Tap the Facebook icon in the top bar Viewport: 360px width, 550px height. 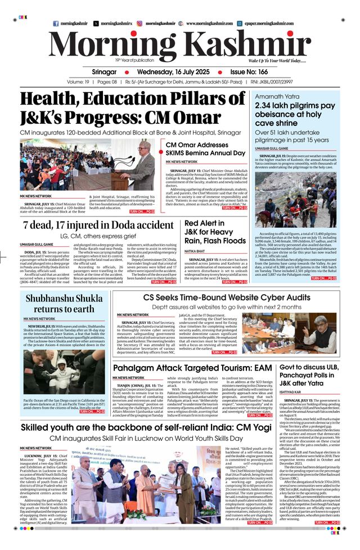[x=55, y=24]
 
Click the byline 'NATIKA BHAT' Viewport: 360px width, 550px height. [x=194, y=251]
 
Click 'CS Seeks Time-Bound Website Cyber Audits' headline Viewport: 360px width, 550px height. [x=227, y=297]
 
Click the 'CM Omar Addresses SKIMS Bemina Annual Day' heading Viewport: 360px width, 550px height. [x=205, y=149]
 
